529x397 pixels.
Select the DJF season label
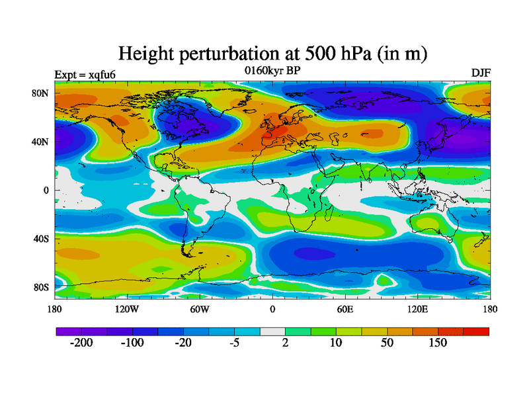click(480, 72)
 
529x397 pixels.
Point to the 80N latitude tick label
click(42, 93)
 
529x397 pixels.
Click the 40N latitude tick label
click(42, 142)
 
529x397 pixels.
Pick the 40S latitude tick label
click(42, 238)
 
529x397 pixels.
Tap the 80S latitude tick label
click(42, 287)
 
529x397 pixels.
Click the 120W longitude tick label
click(126, 309)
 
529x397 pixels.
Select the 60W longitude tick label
click(199, 309)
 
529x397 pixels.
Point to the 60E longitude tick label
click(345, 309)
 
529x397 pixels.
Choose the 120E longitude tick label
click(417, 309)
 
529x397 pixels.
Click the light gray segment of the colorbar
click(272, 331)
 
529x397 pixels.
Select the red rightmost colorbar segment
click(476, 331)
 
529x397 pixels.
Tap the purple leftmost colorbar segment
click(68, 331)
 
